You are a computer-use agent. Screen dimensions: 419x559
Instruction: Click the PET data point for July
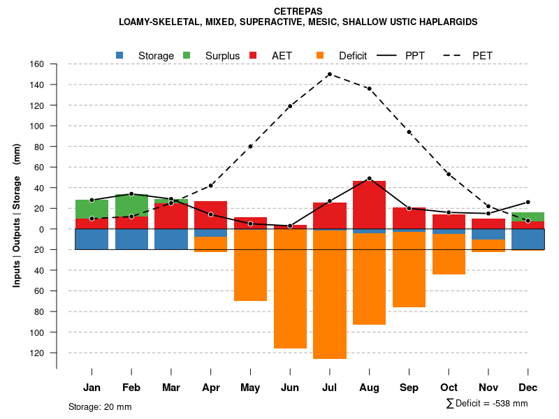(329, 74)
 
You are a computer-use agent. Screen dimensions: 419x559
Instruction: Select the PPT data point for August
(369, 178)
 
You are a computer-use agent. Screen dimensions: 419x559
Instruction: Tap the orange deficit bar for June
(290, 289)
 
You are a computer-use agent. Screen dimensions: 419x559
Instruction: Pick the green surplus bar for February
(131, 205)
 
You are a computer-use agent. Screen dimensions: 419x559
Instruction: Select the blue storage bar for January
(92, 239)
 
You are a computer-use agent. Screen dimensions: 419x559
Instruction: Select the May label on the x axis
(250, 388)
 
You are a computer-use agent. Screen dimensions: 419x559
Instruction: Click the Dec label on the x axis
(528, 388)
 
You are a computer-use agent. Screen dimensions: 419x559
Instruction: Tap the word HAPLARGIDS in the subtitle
(445, 22)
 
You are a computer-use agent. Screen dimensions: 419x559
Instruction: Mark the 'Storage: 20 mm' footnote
(100, 406)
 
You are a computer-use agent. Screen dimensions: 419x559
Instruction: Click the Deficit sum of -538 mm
(487, 404)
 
